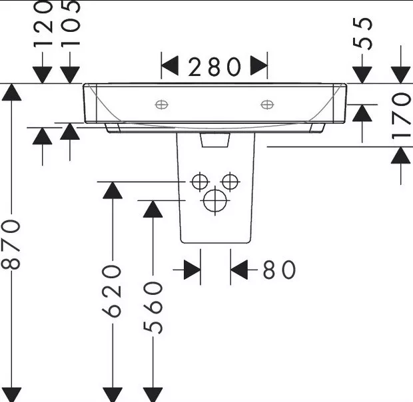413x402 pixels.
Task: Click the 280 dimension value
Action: click(x=214, y=67)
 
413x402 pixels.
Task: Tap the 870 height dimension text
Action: click(x=11, y=245)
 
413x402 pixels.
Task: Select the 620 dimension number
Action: click(x=112, y=291)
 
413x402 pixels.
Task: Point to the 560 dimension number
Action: click(x=153, y=307)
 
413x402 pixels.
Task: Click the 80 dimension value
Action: click(x=279, y=270)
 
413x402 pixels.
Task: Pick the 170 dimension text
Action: click(x=400, y=115)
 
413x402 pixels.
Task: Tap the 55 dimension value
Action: click(x=362, y=33)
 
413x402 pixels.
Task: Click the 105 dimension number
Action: click(x=71, y=23)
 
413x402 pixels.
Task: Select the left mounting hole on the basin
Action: click(x=161, y=104)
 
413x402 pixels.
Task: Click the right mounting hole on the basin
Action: click(x=267, y=104)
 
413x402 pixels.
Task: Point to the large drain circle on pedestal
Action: click(x=215, y=200)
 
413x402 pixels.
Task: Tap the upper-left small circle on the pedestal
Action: click(x=200, y=182)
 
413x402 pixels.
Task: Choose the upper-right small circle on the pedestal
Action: click(x=230, y=182)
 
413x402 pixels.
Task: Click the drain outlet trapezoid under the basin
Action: click(x=215, y=140)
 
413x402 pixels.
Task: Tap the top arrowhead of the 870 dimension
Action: click(x=11, y=92)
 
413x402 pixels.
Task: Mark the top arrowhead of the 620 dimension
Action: click(x=113, y=190)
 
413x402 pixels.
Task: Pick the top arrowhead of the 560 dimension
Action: click(x=153, y=209)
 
